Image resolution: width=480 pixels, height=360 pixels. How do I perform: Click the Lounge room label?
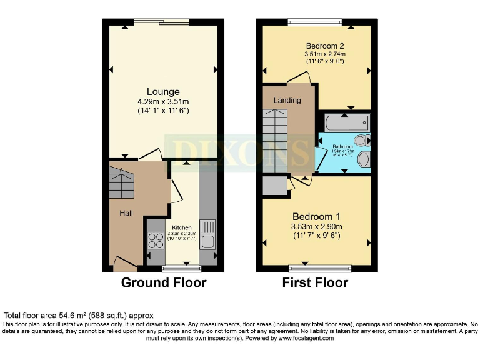pos(163,92)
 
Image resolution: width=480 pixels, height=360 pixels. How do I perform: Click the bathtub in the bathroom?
pos(347,122)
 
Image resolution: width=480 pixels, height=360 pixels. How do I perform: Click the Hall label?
pos(126,213)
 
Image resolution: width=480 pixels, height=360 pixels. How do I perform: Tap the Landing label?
pos(287,100)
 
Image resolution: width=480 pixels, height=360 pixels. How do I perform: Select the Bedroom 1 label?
pos(316,216)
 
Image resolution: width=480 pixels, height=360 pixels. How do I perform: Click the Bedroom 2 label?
pos(325,46)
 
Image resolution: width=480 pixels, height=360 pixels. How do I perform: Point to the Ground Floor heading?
pos(163,282)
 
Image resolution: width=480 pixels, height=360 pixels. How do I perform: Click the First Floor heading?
pos(316,282)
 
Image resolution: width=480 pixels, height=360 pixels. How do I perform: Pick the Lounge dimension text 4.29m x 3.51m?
pos(163,101)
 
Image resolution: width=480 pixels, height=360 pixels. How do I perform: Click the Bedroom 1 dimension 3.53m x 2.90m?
pos(316,226)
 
